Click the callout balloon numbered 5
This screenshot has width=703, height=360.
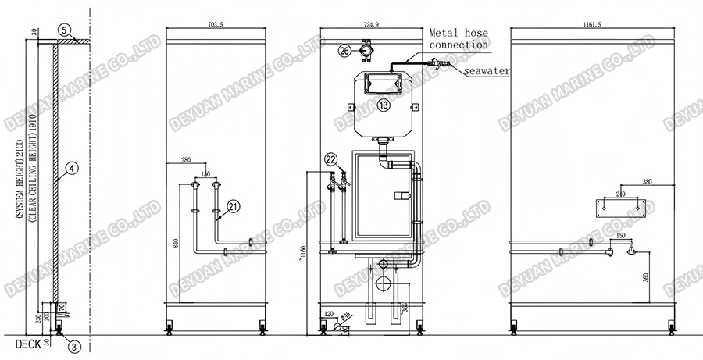point(68,31)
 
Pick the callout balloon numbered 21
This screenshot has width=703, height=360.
point(233,207)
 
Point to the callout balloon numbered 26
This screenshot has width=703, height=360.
point(345,51)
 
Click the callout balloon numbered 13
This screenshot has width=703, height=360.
point(383,104)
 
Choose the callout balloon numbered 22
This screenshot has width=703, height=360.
point(330,159)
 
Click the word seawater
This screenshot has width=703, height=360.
point(487,71)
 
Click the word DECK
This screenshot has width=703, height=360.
point(16,343)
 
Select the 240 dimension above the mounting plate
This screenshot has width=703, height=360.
point(620,194)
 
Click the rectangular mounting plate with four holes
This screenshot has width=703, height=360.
point(620,208)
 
